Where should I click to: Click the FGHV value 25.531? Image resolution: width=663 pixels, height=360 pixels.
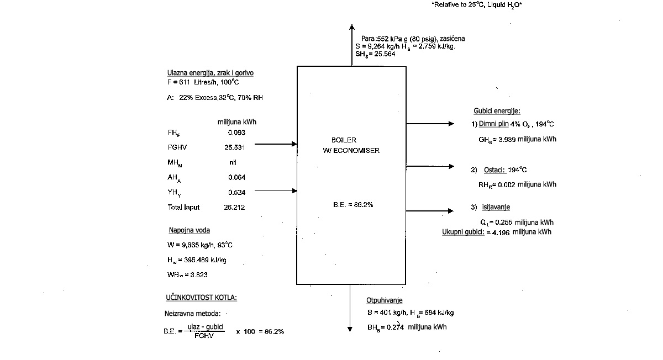[x=235, y=147]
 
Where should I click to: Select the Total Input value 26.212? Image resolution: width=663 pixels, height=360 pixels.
[x=235, y=208]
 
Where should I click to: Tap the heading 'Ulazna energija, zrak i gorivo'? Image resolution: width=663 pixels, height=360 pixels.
[x=211, y=73]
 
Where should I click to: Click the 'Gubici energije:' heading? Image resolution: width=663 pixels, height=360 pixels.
[x=497, y=111]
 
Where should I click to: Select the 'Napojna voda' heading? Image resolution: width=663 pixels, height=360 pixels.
[x=189, y=230]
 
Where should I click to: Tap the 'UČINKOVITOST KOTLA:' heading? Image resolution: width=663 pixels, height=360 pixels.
[x=201, y=298]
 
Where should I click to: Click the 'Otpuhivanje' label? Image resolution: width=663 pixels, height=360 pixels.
[x=385, y=300]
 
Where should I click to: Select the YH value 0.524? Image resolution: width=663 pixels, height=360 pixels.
[x=237, y=193]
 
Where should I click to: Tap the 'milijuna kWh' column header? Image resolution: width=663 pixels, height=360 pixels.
[x=237, y=122]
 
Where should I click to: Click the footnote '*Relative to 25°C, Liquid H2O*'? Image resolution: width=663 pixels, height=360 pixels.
[x=477, y=4]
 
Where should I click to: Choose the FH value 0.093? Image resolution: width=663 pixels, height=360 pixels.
[x=236, y=133]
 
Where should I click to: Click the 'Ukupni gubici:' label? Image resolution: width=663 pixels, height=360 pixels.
[x=463, y=232]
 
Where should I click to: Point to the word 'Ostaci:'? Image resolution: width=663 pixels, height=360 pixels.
[x=494, y=170]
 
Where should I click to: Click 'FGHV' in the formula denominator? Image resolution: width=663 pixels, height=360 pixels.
[x=204, y=336]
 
